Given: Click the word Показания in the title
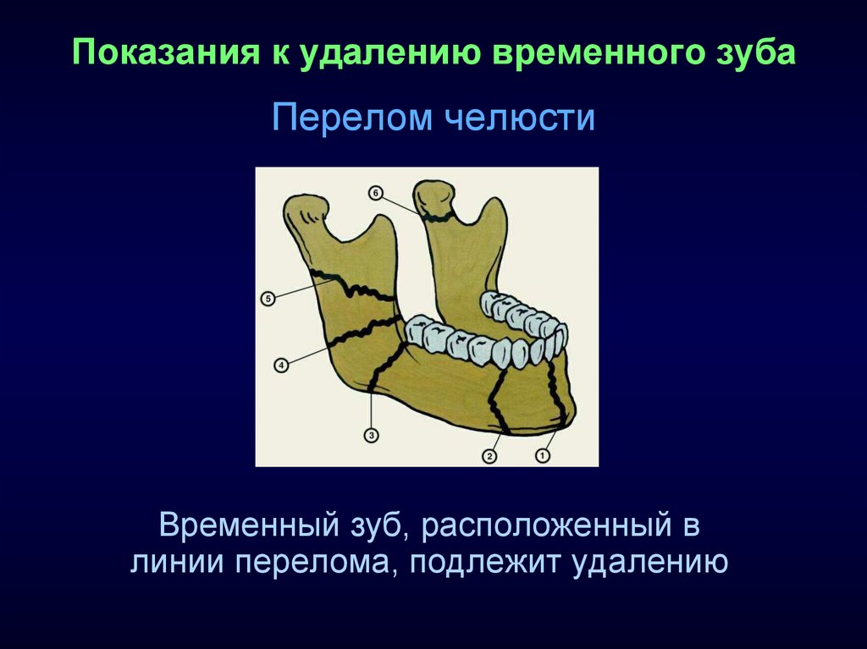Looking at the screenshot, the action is pos(167,52).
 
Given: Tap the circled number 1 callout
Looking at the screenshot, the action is pos(543,455).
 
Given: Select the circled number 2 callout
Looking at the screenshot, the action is pos(489,456).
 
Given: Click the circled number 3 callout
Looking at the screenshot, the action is pos(372,436).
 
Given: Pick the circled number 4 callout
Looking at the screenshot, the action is pos(281,366).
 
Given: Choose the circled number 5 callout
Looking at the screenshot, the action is pos(268,299).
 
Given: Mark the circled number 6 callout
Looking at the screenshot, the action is pos(375,193).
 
